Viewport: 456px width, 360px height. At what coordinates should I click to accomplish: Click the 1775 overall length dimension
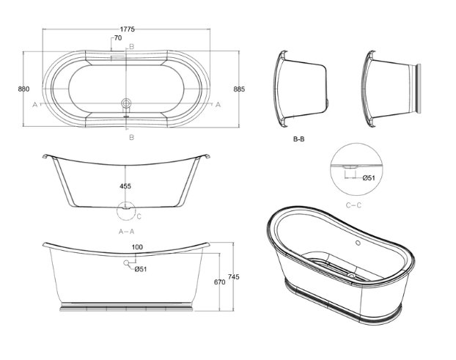point(128,29)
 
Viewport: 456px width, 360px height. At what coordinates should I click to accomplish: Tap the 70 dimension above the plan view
point(118,38)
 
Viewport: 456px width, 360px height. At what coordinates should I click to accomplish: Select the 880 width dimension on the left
point(24,89)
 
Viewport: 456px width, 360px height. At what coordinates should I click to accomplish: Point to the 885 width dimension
point(239,89)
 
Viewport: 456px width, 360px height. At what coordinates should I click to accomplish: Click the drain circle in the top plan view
point(126,103)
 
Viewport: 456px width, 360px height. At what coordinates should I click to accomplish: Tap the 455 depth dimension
point(125,186)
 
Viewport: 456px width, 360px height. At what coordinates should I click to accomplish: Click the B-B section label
point(298,139)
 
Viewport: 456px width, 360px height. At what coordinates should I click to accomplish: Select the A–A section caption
point(127,232)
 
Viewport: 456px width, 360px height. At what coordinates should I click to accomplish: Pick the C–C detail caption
point(353,205)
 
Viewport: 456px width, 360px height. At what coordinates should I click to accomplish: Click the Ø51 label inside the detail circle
point(369,177)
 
